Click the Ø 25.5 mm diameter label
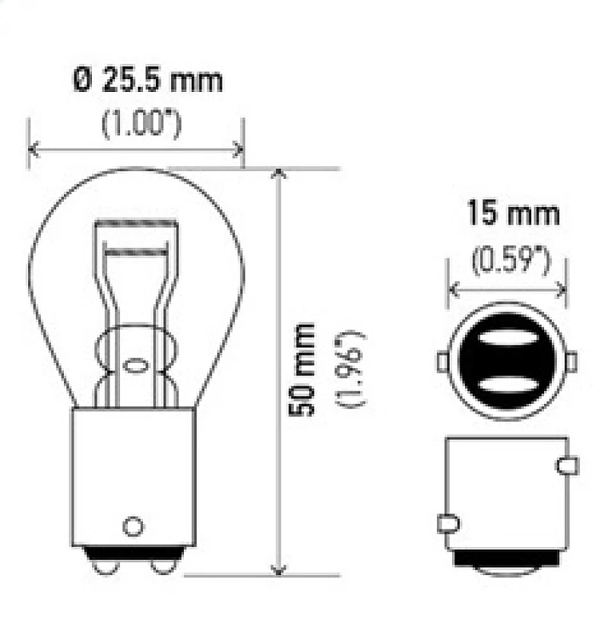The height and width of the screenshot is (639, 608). (x=148, y=81)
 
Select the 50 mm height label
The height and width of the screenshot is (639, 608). (x=302, y=368)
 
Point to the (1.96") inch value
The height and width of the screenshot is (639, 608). (x=351, y=368)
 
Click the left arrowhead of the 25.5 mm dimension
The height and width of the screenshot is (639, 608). (x=34, y=148)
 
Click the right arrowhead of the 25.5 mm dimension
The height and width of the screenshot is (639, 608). (x=237, y=148)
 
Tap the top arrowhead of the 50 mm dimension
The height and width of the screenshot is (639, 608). (x=277, y=175)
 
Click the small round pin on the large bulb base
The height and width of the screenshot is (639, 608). (x=133, y=526)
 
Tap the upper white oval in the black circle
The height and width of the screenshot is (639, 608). (x=507, y=339)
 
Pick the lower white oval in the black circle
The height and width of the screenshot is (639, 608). (x=507, y=385)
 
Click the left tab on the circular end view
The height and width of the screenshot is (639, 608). (x=442, y=361)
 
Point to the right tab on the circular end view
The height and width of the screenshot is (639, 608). (x=571, y=361)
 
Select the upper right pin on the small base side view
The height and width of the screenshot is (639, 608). (x=568, y=465)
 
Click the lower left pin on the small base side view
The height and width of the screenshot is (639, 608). (x=448, y=524)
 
